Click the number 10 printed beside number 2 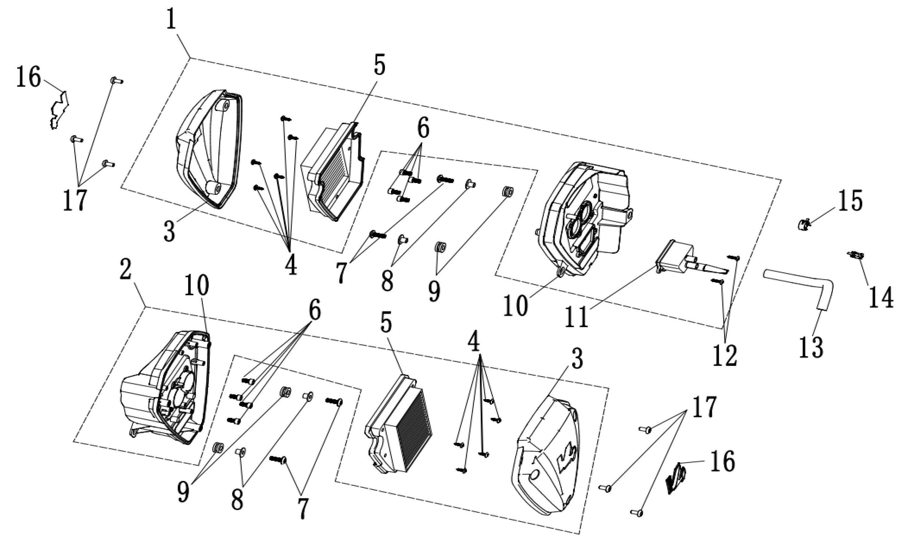coord(196,285)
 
